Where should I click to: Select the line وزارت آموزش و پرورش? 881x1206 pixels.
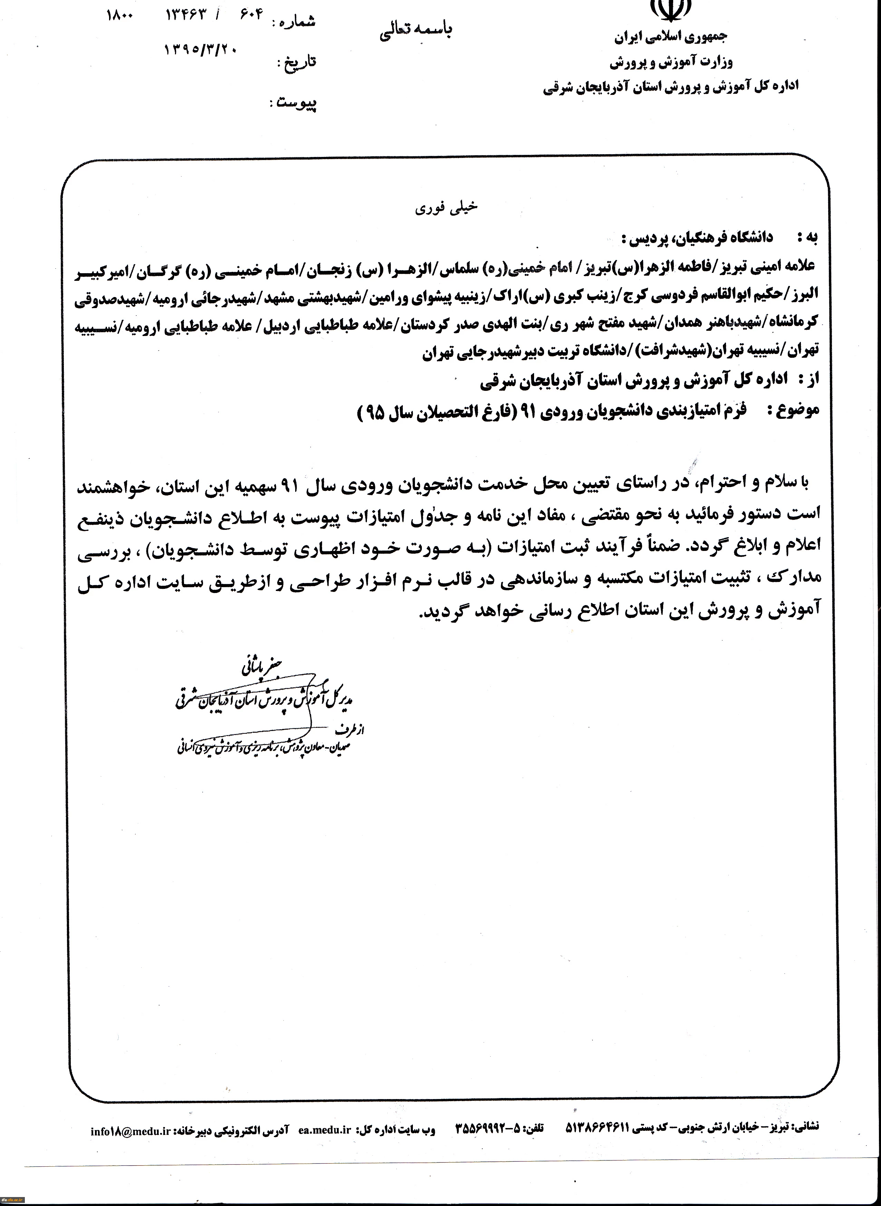(671, 63)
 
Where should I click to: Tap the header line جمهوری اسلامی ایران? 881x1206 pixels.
(671, 37)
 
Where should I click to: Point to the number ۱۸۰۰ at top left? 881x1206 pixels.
(120, 16)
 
